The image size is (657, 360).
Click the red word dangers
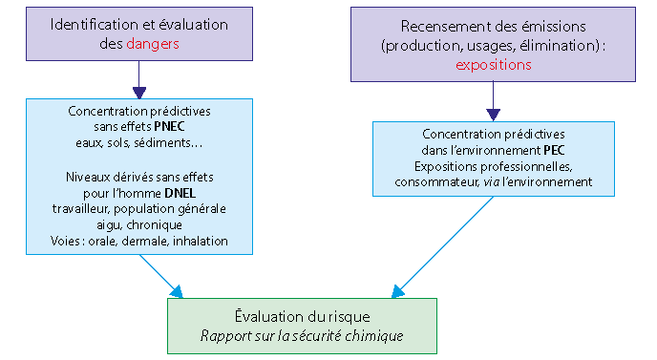point(153,44)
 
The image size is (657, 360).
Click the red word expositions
point(493,65)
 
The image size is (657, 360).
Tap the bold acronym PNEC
point(169,127)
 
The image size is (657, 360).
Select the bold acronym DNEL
point(180,193)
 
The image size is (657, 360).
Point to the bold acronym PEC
point(554,150)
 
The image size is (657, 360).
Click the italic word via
point(491,181)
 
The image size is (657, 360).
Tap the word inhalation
point(201,241)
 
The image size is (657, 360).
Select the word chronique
point(154,225)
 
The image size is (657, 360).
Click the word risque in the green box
point(350,317)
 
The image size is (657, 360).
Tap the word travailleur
point(81,209)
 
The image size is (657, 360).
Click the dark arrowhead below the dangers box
point(139,93)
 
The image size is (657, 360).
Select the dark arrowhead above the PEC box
point(493,115)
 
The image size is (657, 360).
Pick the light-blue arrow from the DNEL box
point(161,276)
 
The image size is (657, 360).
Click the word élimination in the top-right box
point(559,45)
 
